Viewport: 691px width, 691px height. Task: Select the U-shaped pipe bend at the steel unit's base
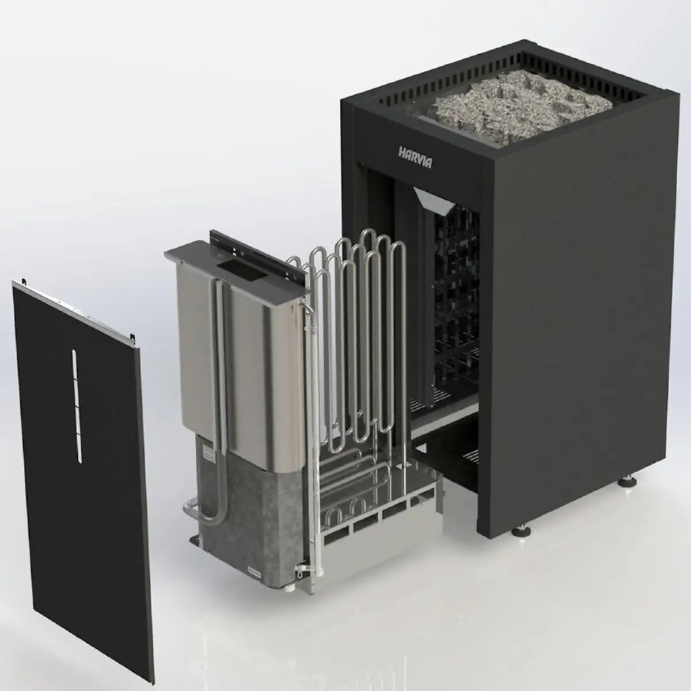[x=190, y=509]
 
